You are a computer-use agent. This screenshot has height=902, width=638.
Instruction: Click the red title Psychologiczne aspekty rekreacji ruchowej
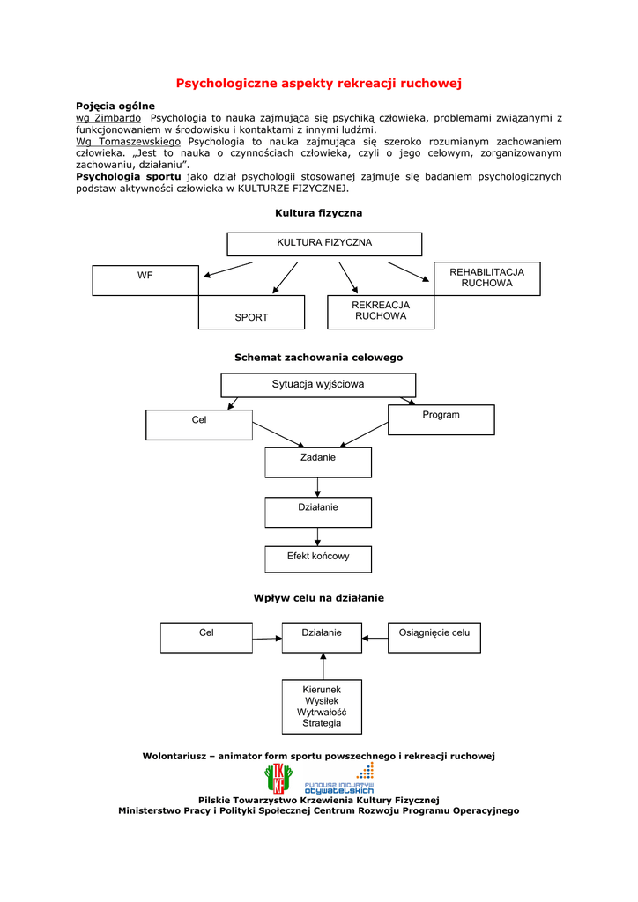(x=319, y=84)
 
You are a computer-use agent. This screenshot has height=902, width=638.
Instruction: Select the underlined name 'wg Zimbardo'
(x=108, y=117)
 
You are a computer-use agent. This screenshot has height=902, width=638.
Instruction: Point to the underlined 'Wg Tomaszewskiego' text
(x=128, y=141)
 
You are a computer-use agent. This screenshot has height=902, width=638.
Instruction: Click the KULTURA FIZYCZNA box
(x=324, y=243)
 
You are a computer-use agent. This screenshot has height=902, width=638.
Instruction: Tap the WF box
(x=145, y=280)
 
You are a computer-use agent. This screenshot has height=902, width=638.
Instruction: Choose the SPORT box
(x=251, y=313)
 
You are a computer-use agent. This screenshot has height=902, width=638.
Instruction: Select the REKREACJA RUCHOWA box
(x=381, y=312)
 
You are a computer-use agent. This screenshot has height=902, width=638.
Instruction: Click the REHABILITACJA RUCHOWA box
(x=486, y=278)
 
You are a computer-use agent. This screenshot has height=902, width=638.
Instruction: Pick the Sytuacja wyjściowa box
(x=318, y=385)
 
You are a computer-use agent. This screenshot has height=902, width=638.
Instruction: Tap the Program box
(x=441, y=419)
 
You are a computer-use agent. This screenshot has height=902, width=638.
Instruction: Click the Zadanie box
(x=318, y=462)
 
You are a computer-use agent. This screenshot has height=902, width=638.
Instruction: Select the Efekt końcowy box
(x=318, y=558)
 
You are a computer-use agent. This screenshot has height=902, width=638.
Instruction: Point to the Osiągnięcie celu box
(x=434, y=637)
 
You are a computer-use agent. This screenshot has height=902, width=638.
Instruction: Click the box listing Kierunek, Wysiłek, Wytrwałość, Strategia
(x=322, y=706)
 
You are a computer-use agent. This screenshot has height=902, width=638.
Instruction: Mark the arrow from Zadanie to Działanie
(x=317, y=487)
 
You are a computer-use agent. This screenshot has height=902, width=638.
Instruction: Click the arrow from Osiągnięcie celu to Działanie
(x=375, y=637)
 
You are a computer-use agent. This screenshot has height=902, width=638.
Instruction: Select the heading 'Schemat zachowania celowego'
(x=318, y=358)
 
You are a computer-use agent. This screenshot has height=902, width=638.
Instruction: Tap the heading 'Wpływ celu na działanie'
(x=318, y=598)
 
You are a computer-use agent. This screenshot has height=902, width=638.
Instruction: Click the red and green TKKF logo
(x=278, y=779)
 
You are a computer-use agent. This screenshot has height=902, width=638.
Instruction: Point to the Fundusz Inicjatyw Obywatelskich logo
(x=340, y=780)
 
